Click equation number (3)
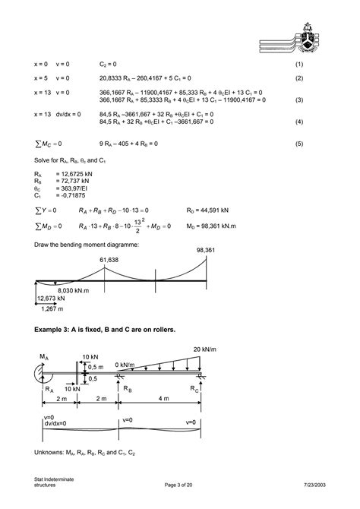pyautogui.click(x=299, y=99)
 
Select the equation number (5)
pyautogui.click(x=299, y=143)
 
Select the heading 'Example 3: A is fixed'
pyautogui.click(x=105, y=330)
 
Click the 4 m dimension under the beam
pyautogui.click(x=160, y=399)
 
